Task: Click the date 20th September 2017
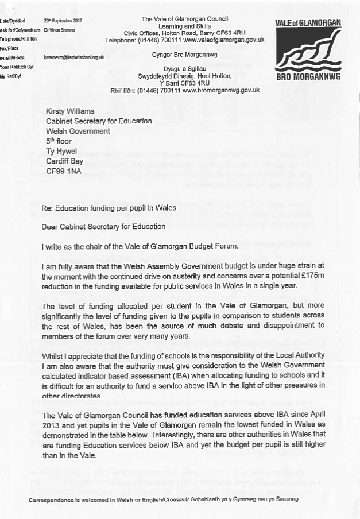(63, 21)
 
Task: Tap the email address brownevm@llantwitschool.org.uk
(74, 57)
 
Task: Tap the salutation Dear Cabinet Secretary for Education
(104, 226)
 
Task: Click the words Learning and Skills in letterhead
(185, 26)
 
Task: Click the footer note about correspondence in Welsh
(164, 500)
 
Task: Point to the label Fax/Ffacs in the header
(10, 48)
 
